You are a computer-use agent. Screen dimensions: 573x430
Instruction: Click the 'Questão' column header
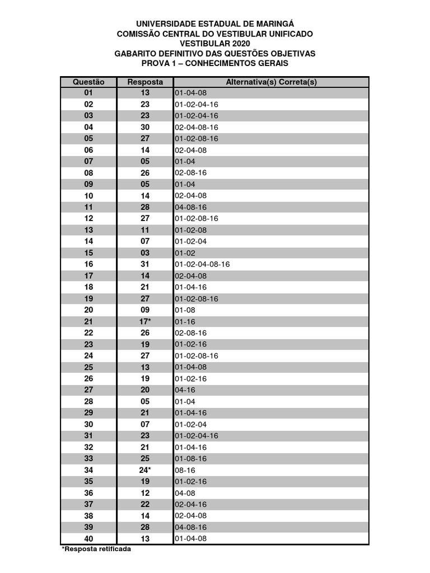tap(88, 82)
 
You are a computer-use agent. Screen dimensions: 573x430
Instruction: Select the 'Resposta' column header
tap(145, 82)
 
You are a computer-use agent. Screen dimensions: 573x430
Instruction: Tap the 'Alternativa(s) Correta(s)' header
tap(271, 82)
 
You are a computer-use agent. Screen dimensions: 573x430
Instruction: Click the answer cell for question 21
tap(145, 322)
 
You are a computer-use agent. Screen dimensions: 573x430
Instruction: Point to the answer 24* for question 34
tap(145, 470)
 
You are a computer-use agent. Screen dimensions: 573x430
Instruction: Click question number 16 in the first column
tap(88, 265)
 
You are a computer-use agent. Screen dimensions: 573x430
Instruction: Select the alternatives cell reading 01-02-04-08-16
tap(203, 265)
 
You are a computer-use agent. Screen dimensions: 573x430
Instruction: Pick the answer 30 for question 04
tap(145, 128)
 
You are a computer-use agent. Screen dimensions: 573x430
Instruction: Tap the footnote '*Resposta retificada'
tap(96, 549)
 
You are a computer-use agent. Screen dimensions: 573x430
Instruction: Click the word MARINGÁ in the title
tap(274, 24)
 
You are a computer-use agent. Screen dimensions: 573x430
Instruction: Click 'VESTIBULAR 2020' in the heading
tap(215, 44)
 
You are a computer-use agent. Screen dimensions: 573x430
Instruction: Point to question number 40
tap(88, 538)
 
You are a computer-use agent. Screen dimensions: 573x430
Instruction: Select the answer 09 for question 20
tap(145, 310)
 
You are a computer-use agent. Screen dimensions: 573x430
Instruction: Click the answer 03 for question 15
tap(145, 253)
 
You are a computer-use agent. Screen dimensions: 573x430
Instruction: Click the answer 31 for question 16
tap(145, 265)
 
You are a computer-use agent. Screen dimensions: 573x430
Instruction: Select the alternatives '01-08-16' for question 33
tap(191, 459)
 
